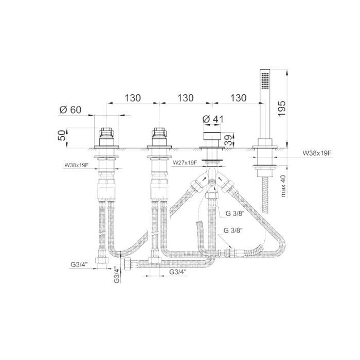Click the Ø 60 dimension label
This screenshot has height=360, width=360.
coord(71,110)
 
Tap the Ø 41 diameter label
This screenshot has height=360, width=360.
coord(213,119)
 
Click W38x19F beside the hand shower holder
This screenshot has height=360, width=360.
coord(317,153)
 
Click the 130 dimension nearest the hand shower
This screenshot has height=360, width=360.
coord(237,98)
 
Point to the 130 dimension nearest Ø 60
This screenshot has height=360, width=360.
coord(133,98)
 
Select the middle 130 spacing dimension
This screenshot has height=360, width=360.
coord(185,98)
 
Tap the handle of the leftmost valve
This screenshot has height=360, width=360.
coord(107,135)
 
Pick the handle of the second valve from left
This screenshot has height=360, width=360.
coord(159,135)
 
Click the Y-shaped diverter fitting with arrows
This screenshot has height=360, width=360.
coord(210,183)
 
